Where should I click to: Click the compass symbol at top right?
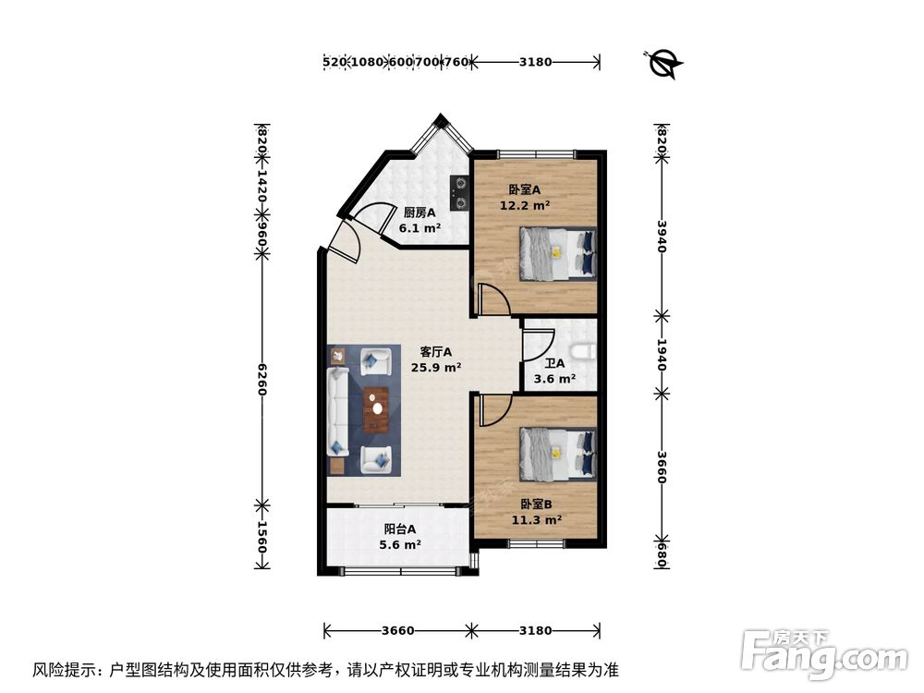[663, 63]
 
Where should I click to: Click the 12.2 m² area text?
[525, 206]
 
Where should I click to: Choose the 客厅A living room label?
[436, 351]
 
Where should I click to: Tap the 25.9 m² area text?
[436, 367]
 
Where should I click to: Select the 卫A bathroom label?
[554, 363]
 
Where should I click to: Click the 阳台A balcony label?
[400, 529]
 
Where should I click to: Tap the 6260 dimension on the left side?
[262, 378]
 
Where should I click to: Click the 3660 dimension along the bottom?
[397, 631]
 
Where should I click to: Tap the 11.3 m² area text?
[537, 519]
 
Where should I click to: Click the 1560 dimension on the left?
[262, 537]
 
